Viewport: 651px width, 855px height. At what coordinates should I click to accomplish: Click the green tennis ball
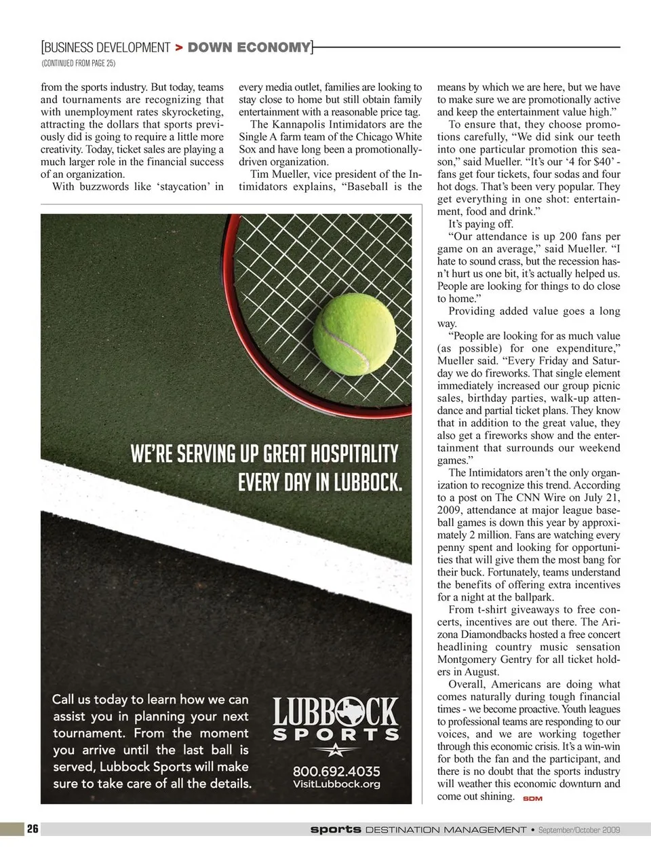tap(355, 332)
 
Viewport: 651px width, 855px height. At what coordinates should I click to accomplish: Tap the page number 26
tap(33, 829)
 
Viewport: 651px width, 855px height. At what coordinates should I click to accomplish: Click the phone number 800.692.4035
tap(336, 771)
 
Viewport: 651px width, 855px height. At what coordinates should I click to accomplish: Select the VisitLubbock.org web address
tap(336, 784)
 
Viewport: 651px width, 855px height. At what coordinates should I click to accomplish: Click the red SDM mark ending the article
tap(532, 799)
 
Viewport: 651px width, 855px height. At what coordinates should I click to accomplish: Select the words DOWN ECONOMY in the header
tap(249, 47)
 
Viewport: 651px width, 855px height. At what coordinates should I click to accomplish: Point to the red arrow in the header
tap(178, 47)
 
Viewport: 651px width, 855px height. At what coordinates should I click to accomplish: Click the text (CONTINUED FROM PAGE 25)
tap(78, 64)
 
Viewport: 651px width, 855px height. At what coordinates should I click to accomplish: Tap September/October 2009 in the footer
tap(579, 830)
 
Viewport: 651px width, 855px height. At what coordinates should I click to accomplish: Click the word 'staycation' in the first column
tap(183, 187)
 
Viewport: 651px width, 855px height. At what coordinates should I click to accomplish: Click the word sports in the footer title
tap(336, 829)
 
